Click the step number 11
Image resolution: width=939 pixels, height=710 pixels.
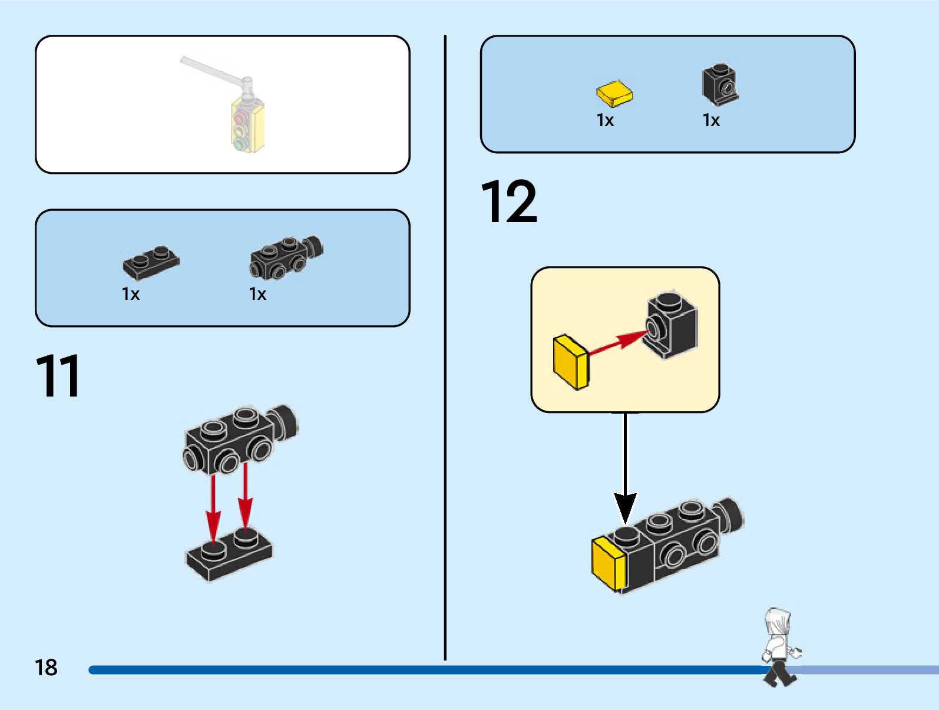pyautogui.click(x=58, y=377)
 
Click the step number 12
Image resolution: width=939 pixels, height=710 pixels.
pyautogui.click(x=509, y=203)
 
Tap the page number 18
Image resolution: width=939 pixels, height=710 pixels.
pyautogui.click(x=46, y=668)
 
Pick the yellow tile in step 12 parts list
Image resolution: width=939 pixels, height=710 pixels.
pyautogui.click(x=614, y=94)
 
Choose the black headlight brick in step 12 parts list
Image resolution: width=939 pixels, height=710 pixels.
pyautogui.click(x=719, y=84)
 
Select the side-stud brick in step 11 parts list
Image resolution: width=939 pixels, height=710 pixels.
pyautogui.click(x=286, y=256)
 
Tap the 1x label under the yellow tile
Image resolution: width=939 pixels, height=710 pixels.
pyautogui.click(x=605, y=121)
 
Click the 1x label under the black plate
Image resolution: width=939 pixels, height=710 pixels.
pyautogui.click(x=130, y=294)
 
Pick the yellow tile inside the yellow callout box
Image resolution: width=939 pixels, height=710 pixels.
pyautogui.click(x=570, y=362)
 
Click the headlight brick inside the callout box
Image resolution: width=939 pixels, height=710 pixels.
pyautogui.click(x=672, y=325)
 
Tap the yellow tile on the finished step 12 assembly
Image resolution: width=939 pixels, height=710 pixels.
pyautogui.click(x=608, y=564)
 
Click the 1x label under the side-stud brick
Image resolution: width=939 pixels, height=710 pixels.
pyautogui.click(x=257, y=294)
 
